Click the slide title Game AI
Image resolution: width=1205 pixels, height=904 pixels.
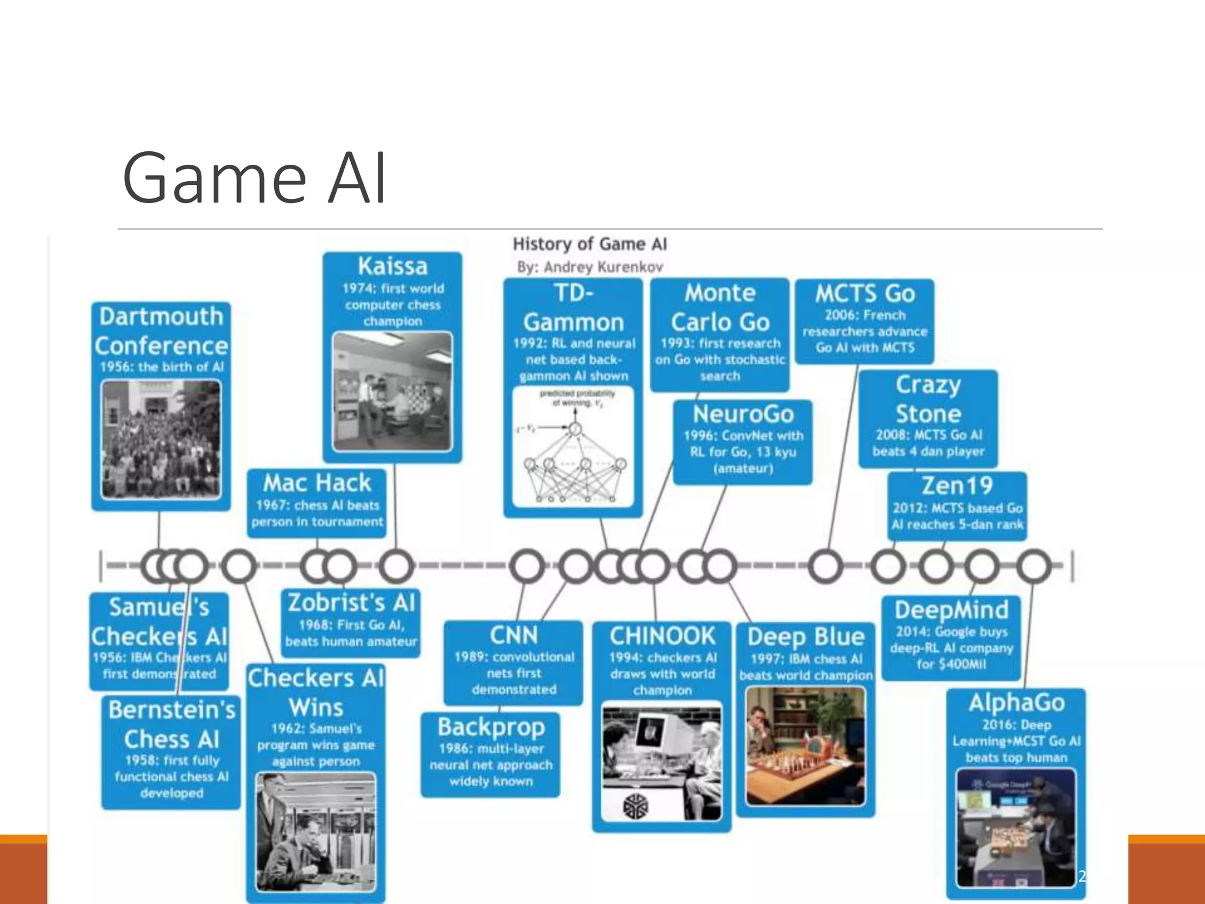point(254,178)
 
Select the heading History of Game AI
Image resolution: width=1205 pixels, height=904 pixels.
point(590,244)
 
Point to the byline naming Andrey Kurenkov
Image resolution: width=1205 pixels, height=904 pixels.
point(590,267)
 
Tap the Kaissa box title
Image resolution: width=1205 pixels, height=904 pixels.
point(392,266)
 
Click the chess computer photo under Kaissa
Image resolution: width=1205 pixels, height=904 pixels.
point(392,391)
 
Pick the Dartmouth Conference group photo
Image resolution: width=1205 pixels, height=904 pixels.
point(161,440)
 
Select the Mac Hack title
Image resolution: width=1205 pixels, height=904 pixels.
point(317,483)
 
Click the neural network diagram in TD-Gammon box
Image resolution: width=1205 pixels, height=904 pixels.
point(573,446)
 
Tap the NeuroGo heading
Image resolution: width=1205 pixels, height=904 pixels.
point(743,414)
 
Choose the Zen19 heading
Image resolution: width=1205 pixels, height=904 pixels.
point(957,486)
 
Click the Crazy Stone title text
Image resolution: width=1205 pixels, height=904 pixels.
point(928,399)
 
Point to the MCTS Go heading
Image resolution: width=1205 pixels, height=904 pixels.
point(865,294)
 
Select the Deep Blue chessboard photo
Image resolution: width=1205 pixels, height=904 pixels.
point(805,746)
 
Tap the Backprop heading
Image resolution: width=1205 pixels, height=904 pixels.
point(491,727)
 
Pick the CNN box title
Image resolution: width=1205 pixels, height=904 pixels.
point(514,636)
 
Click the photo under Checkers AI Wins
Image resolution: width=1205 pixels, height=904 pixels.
point(316,832)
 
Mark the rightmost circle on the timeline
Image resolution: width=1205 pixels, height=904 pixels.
point(1034,566)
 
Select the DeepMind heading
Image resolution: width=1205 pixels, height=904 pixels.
point(951,610)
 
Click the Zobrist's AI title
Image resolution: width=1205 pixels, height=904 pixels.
point(351,603)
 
